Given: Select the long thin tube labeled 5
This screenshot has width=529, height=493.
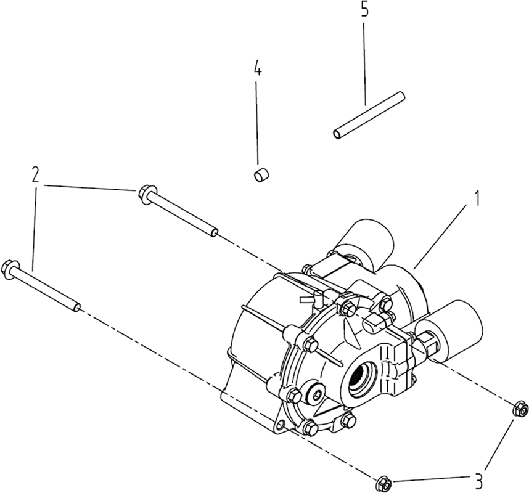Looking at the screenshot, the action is [369, 115].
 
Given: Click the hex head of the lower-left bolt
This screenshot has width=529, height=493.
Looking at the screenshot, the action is [9, 267].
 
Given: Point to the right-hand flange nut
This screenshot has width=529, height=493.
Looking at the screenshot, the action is [520, 409].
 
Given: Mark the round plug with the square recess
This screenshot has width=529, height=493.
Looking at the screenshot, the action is [318, 393].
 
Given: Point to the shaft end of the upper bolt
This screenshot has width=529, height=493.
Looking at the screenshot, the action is [214, 232].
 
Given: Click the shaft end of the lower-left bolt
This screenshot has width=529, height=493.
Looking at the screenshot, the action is [77, 307].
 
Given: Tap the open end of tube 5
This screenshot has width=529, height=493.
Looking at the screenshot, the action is [337, 134].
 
